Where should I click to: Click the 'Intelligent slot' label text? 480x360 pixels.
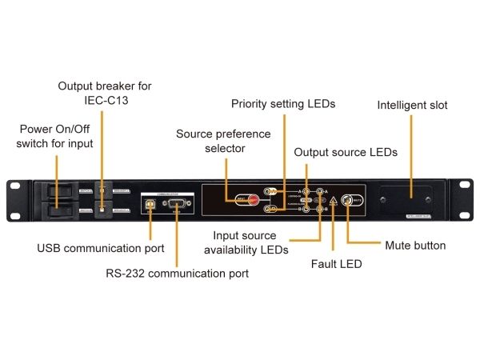coord(412,105)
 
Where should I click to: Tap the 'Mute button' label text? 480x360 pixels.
coord(415,246)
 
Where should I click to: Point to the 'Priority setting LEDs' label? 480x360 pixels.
coord(282,104)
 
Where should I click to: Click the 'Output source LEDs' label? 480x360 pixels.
coord(346,152)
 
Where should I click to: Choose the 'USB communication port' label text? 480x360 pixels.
coord(100,249)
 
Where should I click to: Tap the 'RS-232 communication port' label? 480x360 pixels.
coord(177,273)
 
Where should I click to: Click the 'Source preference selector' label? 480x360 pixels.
coord(223,141)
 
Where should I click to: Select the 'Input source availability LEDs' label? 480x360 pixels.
coord(250,242)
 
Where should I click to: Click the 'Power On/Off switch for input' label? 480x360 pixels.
coord(57,136)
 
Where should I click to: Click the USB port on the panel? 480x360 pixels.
coord(150,204)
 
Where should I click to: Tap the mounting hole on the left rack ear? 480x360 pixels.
coord(15,186)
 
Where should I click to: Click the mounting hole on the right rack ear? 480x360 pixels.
coord(463,186)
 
